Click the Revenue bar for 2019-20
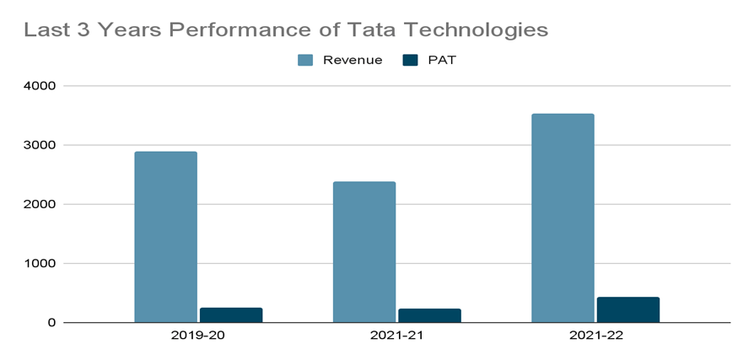(x=165, y=237)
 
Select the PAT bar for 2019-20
(x=231, y=314)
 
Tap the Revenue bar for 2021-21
(x=364, y=252)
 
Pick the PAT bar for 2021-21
(x=429, y=315)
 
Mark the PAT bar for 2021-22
(x=628, y=309)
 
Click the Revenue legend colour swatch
(x=305, y=60)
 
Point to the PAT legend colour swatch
(x=411, y=60)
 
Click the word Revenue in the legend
(x=353, y=60)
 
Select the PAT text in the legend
(x=442, y=60)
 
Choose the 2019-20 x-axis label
(x=198, y=336)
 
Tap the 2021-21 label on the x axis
(x=396, y=336)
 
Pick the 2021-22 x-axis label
(x=595, y=336)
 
